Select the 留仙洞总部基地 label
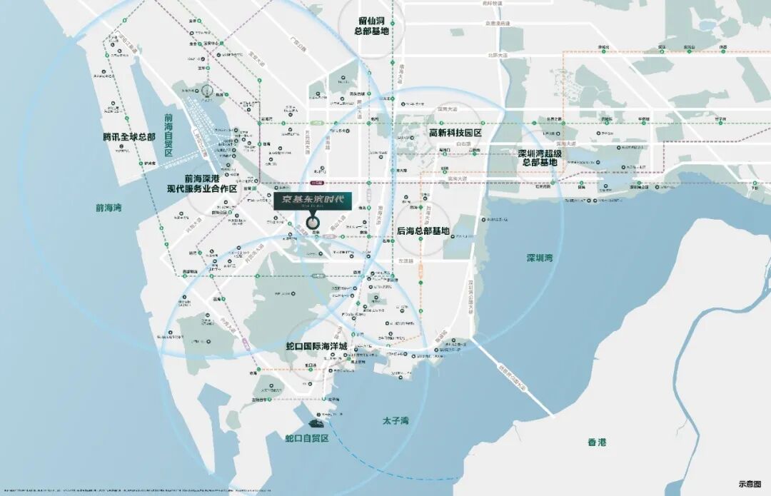(x=374, y=26)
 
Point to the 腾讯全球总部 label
(x=128, y=136)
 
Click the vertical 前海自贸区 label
(x=168, y=136)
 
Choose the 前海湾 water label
(x=109, y=208)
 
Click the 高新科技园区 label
(x=455, y=133)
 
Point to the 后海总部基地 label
(x=423, y=231)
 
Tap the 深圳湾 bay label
(x=540, y=258)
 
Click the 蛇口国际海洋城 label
(x=316, y=346)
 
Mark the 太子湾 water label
(x=391, y=421)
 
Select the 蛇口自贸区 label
(x=307, y=437)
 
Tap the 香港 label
(x=597, y=442)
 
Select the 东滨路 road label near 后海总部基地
(x=406, y=260)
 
